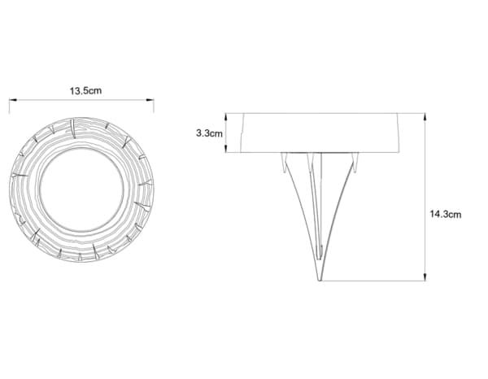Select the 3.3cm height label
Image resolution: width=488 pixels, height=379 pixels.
(209, 133)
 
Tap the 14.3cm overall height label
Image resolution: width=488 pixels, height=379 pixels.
(445, 214)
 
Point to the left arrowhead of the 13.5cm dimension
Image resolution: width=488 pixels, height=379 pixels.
(11, 101)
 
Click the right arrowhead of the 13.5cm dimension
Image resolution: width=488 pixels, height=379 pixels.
(151, 101)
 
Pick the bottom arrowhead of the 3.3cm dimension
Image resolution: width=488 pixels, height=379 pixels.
(226, 150)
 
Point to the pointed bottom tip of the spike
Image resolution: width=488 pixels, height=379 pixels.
(320, 280)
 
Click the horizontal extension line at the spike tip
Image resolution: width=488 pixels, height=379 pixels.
(374, 281)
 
